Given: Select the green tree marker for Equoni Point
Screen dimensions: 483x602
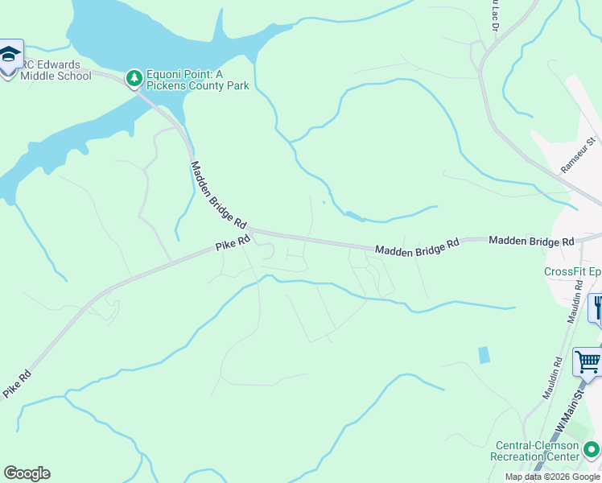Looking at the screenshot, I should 134,78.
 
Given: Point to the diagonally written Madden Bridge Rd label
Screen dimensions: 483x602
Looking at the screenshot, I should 217,193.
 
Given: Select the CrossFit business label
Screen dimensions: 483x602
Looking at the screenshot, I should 572,271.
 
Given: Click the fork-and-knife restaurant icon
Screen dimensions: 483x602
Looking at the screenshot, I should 596,307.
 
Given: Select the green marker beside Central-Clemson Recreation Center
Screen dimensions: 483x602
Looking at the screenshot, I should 592,448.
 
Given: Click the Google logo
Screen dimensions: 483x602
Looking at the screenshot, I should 27,473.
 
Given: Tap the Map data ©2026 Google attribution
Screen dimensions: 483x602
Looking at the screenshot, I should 552,477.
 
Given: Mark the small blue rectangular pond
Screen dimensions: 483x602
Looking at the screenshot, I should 483,355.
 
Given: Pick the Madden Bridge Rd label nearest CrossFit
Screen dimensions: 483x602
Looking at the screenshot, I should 531,241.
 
